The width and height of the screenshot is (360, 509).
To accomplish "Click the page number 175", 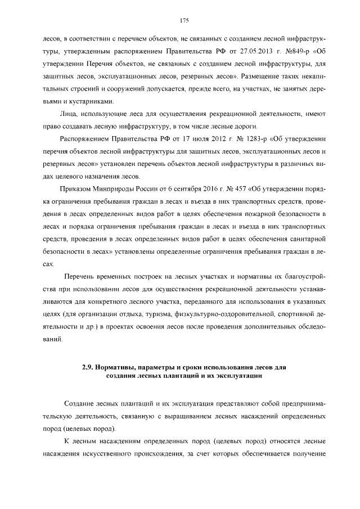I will [183, 21].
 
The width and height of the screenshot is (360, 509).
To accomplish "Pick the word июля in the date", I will [196, 139].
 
